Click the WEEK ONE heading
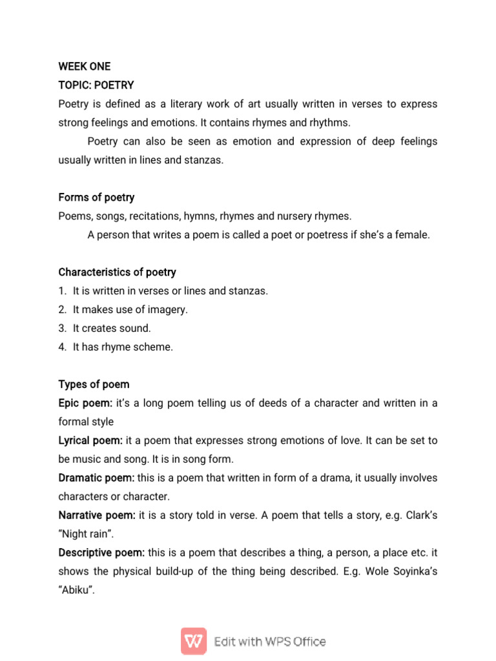coord(84,66)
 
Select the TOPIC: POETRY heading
coord(96,85)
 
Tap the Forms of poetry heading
coord(96,198)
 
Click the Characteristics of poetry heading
coord(117,272)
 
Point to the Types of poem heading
coord(94,385)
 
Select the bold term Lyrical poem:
coord(90,441)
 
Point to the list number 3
coord(62,329)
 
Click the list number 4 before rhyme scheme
coord(62,347)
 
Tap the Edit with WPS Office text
coord(270,642)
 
